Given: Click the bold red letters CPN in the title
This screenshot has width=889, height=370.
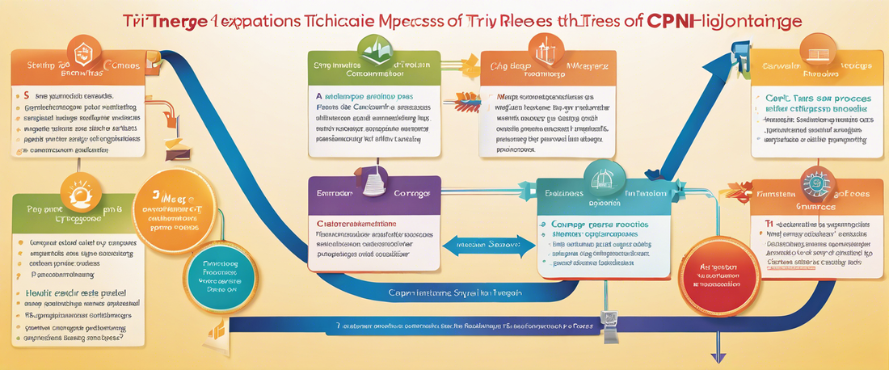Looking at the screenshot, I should coord(670,22).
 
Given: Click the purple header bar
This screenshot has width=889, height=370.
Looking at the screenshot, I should coord(373,195).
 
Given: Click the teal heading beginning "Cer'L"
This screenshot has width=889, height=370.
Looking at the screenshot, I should coord(817,97).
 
